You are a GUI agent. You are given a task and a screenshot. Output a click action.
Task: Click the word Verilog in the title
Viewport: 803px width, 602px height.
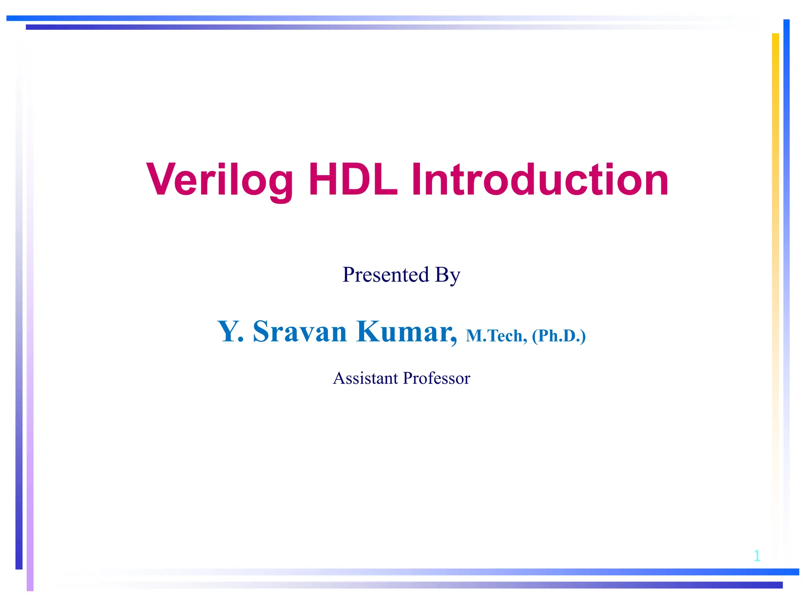[220, 180]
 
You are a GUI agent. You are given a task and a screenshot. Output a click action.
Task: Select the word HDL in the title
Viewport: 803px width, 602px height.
[353, 180]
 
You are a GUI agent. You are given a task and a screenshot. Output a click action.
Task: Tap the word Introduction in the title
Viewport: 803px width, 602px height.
[540, 180]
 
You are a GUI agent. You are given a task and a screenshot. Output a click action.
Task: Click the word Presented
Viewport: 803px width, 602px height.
[386, 275]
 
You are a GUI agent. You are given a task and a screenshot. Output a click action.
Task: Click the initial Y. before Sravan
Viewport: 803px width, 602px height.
[231, 332]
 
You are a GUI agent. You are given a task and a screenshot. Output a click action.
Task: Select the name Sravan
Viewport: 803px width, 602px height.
[300, 332]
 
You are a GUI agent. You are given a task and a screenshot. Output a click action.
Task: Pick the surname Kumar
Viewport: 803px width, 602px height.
[405, 332]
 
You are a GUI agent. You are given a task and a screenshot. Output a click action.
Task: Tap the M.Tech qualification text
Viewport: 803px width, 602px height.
[496, 336]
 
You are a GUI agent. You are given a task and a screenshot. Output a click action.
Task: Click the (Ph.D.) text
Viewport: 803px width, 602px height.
[559, 336]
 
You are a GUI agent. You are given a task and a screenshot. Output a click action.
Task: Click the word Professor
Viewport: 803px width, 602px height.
[436, 378]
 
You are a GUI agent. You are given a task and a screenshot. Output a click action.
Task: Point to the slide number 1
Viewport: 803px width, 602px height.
[757, 555]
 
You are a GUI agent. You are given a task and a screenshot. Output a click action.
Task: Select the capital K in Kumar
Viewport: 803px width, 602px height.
[369, 332]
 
